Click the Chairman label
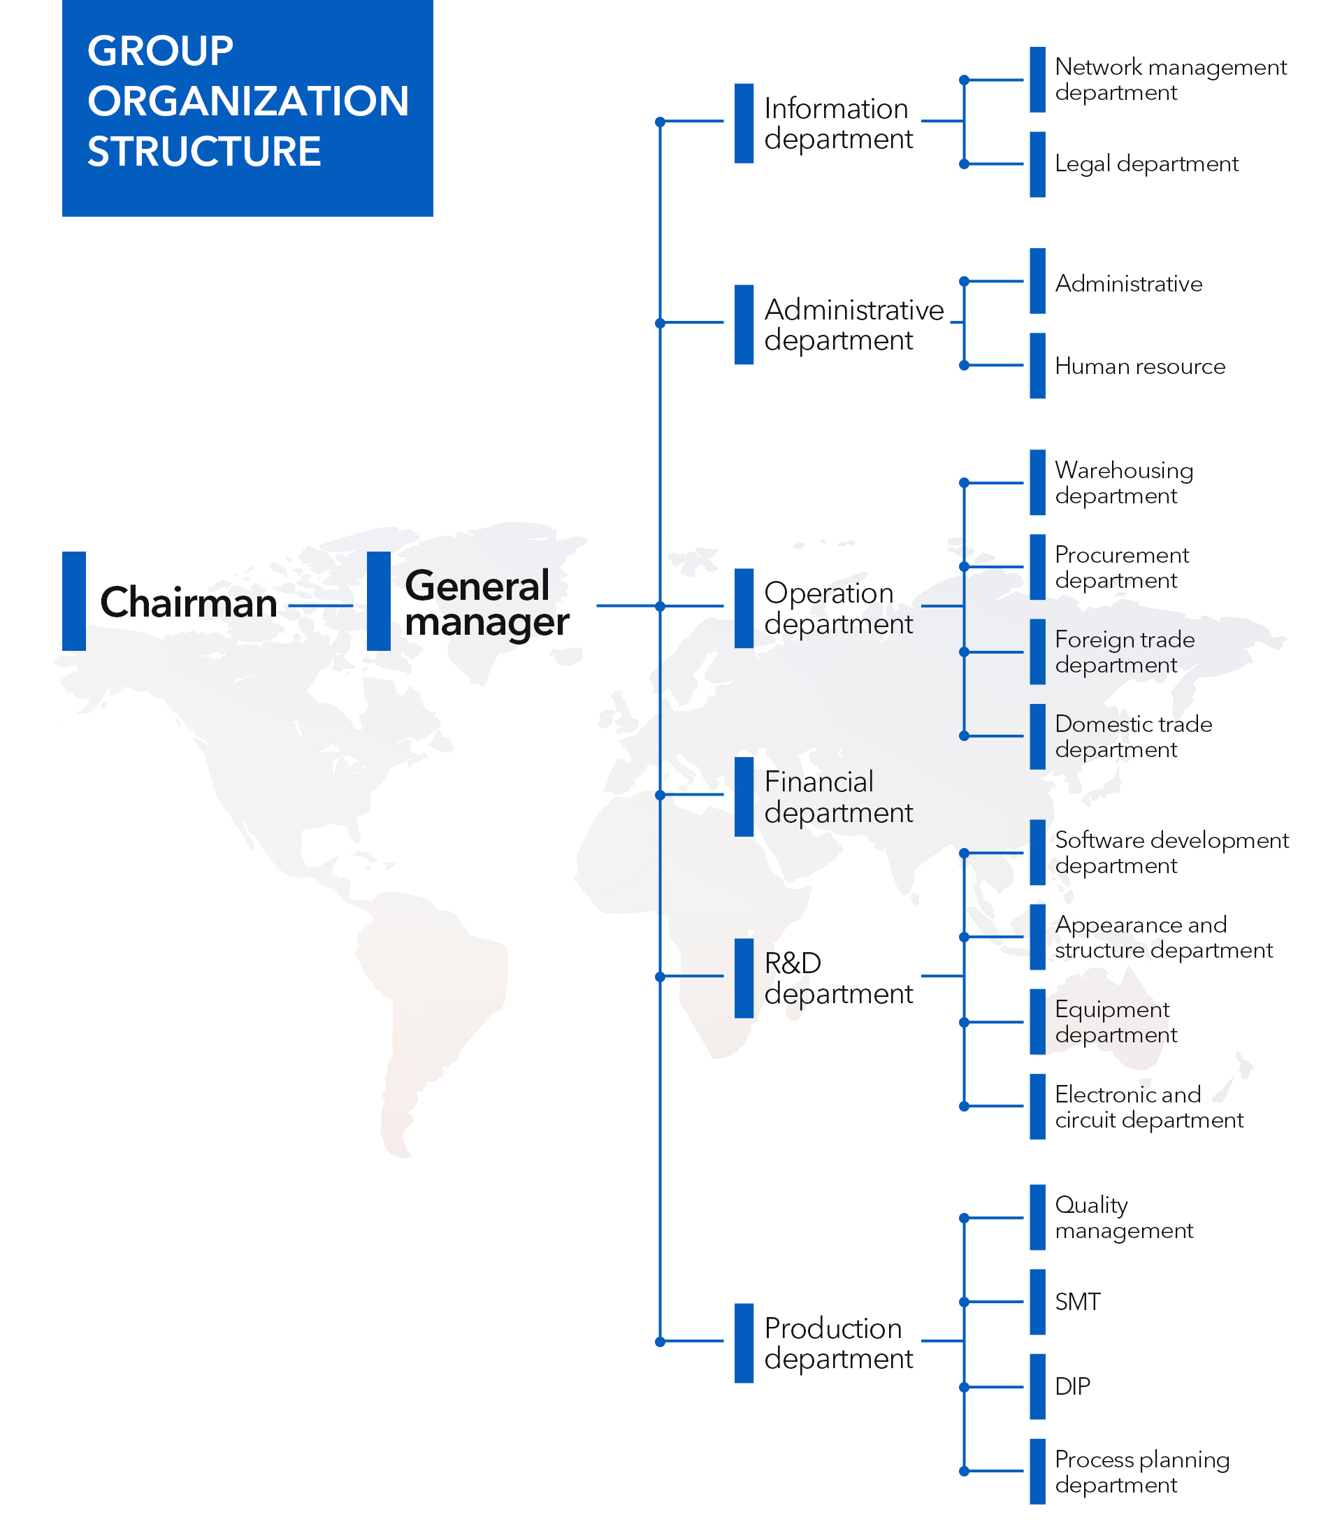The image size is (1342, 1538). click(189, 603)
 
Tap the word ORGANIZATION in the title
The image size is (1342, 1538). click(248, 101)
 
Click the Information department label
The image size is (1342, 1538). click(838, 124)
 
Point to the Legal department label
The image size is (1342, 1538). click(1146, 164)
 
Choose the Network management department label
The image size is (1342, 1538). click(1171, 80)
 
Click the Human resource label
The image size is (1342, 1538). click(1140, 366)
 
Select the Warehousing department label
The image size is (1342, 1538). click(1124, 482)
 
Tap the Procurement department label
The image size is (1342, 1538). click(1122, 567)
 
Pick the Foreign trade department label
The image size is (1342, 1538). click(1125, 652)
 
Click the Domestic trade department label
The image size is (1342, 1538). click(1133, 736)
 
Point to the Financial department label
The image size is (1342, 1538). click(838, 797)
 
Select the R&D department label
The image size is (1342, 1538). click(838, 979)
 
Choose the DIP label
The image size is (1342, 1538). click(1072, 1387)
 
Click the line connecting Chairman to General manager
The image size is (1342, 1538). click(321, 605)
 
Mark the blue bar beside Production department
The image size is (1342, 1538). click(744, 1343)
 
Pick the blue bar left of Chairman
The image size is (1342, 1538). click(74, 601)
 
